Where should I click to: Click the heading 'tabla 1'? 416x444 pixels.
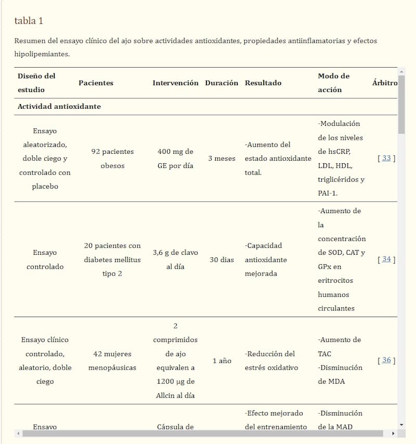[x=29, y=21]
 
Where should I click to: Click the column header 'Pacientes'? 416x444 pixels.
[x=96, y=83]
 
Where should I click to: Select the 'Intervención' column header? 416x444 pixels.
[x=175, y=83]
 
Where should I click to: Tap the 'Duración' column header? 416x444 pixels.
[x=222, y=83]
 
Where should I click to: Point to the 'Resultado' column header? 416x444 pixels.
[x=263, y=83]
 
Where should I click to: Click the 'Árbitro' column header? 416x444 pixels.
[x=385, y=83]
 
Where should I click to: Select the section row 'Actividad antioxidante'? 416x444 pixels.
[x=59, y=107]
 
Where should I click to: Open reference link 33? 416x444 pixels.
[x=386, y=158]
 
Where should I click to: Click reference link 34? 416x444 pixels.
[x=386, y=259]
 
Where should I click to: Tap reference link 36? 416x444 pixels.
[x=386, y=360]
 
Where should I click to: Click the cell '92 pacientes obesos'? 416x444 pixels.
[x=112, y=158]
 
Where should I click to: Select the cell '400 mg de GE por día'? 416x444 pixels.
[x=175, y=158]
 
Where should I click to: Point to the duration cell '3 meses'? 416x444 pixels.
[x=222, y=158]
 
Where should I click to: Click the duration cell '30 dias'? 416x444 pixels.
[x=222, y=259]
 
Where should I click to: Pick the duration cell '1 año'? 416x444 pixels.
[x=222, y=360]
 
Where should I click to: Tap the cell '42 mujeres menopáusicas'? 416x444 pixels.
[x=112, y=360]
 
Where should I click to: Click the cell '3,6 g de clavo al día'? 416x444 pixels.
[x=175, y=259]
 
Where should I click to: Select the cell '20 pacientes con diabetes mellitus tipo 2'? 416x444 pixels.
[x=112, y=259]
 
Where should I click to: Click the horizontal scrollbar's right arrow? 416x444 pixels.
[x=393, y=433]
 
